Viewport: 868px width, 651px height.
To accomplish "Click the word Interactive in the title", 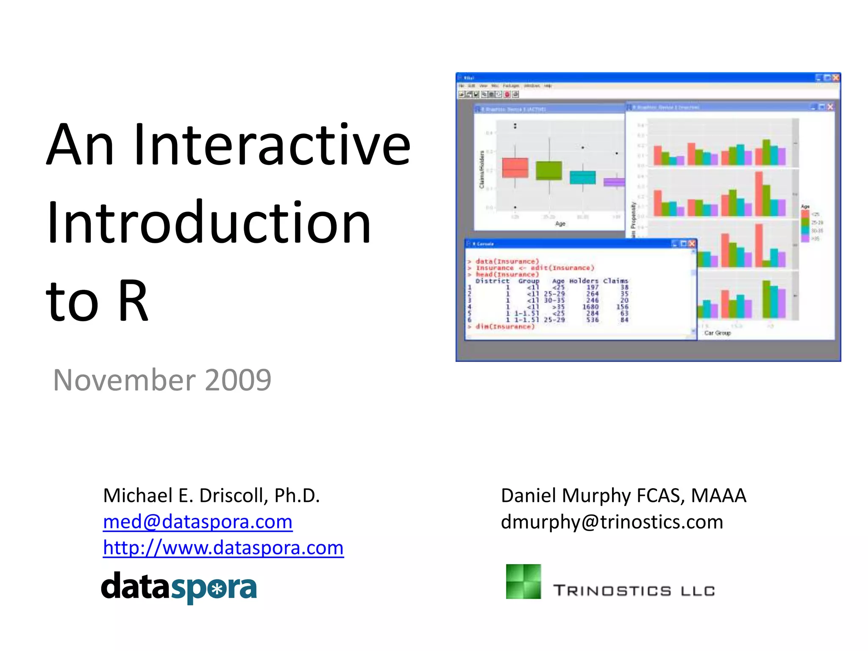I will coord(271,145).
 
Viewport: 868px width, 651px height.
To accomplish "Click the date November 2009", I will coord(162,380).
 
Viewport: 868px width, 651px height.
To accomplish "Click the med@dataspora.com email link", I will coord(198,522).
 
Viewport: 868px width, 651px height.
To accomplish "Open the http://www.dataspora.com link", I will coord(223,548).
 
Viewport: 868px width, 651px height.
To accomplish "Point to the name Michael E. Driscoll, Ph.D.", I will coord(211,495).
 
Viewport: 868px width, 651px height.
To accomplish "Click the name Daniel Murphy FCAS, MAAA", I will coord(623,495).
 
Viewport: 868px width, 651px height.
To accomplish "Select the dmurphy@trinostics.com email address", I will coord(612,522).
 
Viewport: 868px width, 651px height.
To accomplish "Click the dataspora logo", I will coord(179,587).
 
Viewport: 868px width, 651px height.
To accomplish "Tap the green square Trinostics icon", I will coord(523,581).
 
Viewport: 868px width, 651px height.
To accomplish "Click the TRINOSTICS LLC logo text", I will coord(634,590).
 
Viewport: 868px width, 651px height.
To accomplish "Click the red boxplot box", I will coord(515,168).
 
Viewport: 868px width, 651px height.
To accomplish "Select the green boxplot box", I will coord(549,170).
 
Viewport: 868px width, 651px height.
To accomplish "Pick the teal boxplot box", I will coord(582,177).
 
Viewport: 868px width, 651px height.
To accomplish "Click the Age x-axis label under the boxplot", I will coord(560,224).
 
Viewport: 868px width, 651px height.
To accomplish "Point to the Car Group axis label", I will coord(717,333).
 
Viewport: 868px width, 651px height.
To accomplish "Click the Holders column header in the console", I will coord(584,281).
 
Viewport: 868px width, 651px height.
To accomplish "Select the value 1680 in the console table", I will coord(590,307).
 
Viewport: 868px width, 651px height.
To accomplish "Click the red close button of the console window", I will coord(692,244).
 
